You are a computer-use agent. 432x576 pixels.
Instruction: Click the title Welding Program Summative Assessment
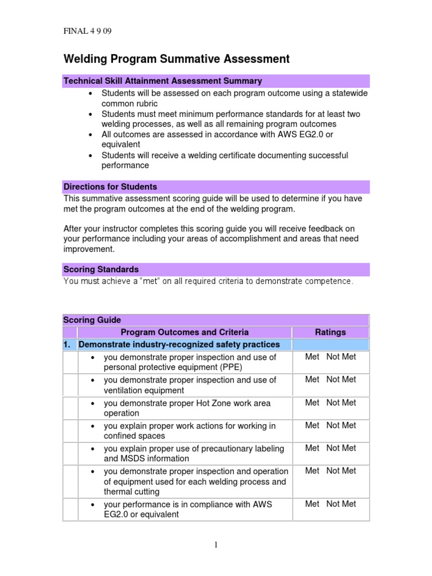pyautogui.click(x=176, y=59)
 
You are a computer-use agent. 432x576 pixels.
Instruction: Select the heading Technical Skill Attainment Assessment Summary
pyautogui.click(x=163, y=81)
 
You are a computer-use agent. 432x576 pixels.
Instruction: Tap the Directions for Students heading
pyautogui.click(x=110, y=187)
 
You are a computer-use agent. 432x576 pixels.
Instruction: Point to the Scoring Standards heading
pyautogui.click(x=101, y=269)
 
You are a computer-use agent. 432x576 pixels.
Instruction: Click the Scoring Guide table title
pyautogui.click(x=92, y=320)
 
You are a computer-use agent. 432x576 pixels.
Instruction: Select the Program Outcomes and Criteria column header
pyautogui.click(x=184, y=332)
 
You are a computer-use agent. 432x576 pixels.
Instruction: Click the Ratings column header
pyautogui.click(x=330, y=332)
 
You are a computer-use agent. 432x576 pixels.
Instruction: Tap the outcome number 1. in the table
pyautogui.click(x=69, y=344)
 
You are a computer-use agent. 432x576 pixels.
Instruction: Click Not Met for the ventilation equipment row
pyautogui.click(x=341, y=380)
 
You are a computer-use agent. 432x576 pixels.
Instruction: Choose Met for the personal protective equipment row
pyautogui.click(x=312, y=357)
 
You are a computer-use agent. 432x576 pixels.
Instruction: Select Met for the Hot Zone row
pyautogui.click(x=312, y=403)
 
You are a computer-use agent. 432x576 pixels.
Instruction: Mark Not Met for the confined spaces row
pyautogui.click(x=341, y=425)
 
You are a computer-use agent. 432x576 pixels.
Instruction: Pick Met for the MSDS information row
pyautogui.click(x=312, y=448)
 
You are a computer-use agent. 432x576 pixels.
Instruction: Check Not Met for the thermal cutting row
pyautogui.click(x=341, y=471)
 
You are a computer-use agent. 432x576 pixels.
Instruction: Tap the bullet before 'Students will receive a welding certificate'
pyautogui.click(x=91, y=155)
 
